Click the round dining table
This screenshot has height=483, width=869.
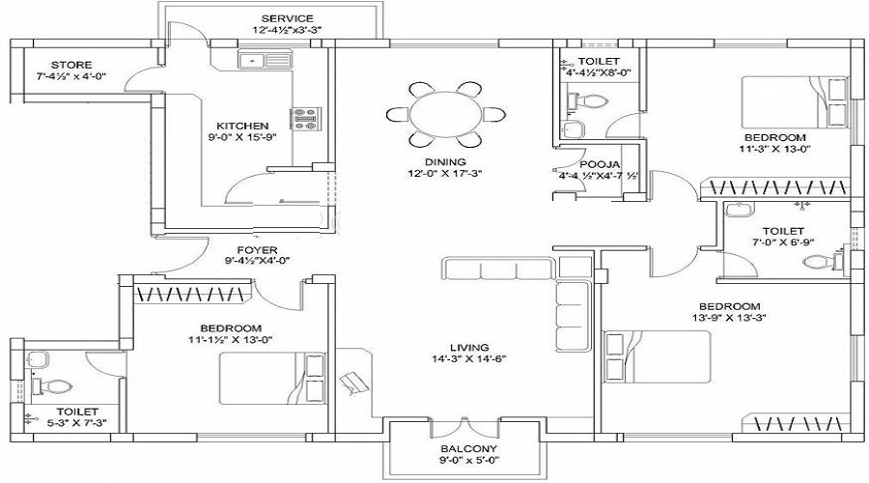(445, 115)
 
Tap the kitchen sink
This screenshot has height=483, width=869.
(266, 59)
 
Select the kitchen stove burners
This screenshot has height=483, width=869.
(304, 119)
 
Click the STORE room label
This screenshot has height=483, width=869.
(71, 65)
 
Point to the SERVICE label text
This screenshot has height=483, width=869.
(287, 19)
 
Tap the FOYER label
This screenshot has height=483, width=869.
(257, 250)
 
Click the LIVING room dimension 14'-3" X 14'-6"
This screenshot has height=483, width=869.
(469, 358)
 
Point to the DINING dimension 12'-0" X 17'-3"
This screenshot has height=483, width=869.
(445, 174)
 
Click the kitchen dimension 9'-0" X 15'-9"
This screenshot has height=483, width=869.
(242, 137)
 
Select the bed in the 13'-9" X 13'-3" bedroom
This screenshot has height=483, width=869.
(657, 357)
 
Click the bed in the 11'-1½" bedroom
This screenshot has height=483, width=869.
(272, 379)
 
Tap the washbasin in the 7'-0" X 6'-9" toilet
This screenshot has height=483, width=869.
(739, 209)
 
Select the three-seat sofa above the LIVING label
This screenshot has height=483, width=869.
(498, 268)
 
